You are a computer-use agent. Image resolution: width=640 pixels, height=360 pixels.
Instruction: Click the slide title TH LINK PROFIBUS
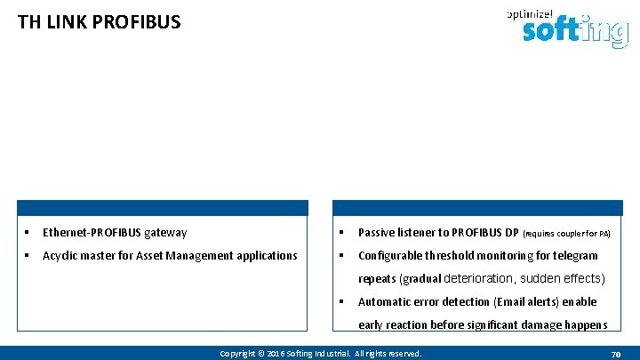pos(99,21)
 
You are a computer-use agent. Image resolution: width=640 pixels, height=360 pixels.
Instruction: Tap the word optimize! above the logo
pos(529,13)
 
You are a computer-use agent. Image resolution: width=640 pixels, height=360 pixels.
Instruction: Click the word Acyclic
pos(61,256)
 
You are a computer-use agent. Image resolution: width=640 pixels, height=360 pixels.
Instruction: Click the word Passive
pos(378,233)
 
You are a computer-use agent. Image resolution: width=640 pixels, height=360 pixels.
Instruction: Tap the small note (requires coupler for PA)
pos(566,234)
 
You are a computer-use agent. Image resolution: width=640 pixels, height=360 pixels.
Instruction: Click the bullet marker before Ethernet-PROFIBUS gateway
pos(29,233)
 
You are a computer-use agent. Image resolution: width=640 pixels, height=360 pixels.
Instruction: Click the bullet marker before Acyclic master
pos(29,256)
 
